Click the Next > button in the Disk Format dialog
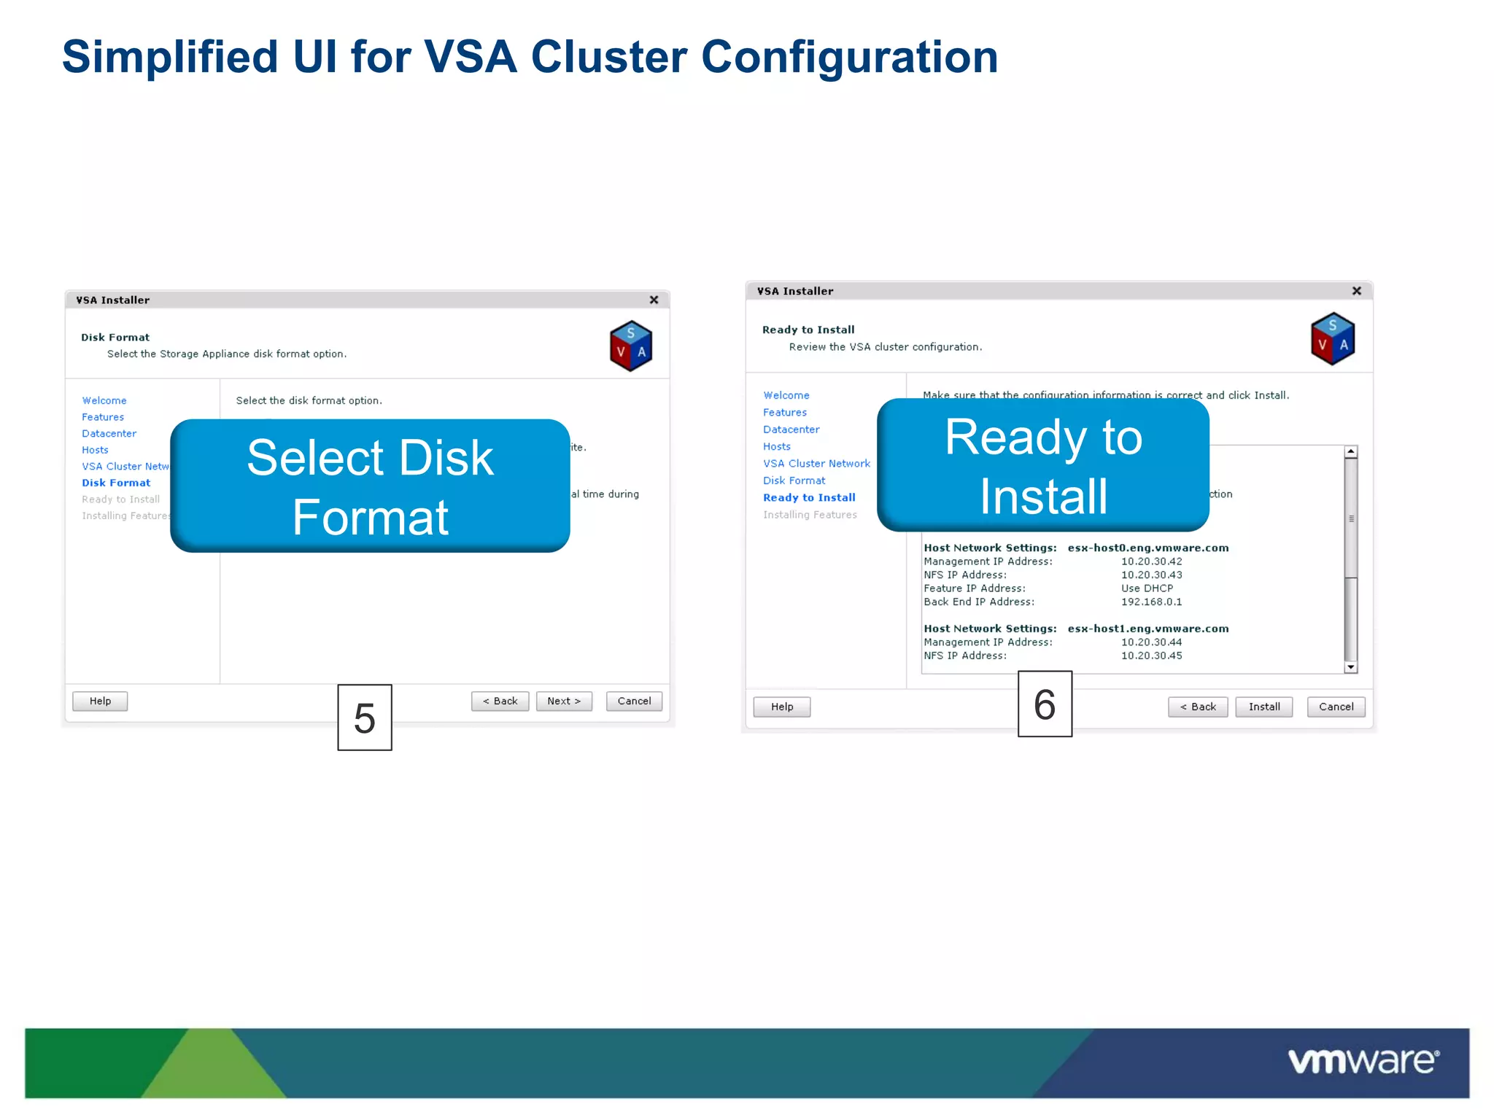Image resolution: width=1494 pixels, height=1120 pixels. pos(564,701)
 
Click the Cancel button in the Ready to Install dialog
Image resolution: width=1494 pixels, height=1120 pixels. pos(1335,707)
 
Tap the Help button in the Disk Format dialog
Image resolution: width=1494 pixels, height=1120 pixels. pos(100,701)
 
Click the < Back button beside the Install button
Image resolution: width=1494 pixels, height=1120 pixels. pos(1197,707)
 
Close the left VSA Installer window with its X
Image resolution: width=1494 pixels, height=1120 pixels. pos(654,300)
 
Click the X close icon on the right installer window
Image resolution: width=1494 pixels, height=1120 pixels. pos(1356,291)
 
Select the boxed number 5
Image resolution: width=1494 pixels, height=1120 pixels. pos(365,717)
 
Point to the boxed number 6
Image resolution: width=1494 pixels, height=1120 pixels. pos(1045,704)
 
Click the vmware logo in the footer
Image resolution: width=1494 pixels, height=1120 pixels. pos(1363,1061)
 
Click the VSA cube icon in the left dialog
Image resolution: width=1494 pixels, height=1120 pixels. pos(631,346)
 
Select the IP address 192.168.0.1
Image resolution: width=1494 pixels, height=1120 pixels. pos(1151,602)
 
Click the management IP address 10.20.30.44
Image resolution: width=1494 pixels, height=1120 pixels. pos(1151,642)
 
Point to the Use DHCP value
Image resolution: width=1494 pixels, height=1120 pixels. pos(1147,588)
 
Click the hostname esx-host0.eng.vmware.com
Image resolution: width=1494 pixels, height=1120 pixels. pos(1147,548)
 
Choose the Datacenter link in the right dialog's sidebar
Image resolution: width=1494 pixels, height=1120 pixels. pos(791,429)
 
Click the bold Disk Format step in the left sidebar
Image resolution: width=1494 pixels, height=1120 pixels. pos(116,483)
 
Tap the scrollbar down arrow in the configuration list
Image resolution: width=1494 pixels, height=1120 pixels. pos(1350,667)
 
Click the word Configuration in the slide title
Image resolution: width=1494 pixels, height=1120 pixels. pos(849,57)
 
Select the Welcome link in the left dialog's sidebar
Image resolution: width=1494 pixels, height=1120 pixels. pos(104,400)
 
